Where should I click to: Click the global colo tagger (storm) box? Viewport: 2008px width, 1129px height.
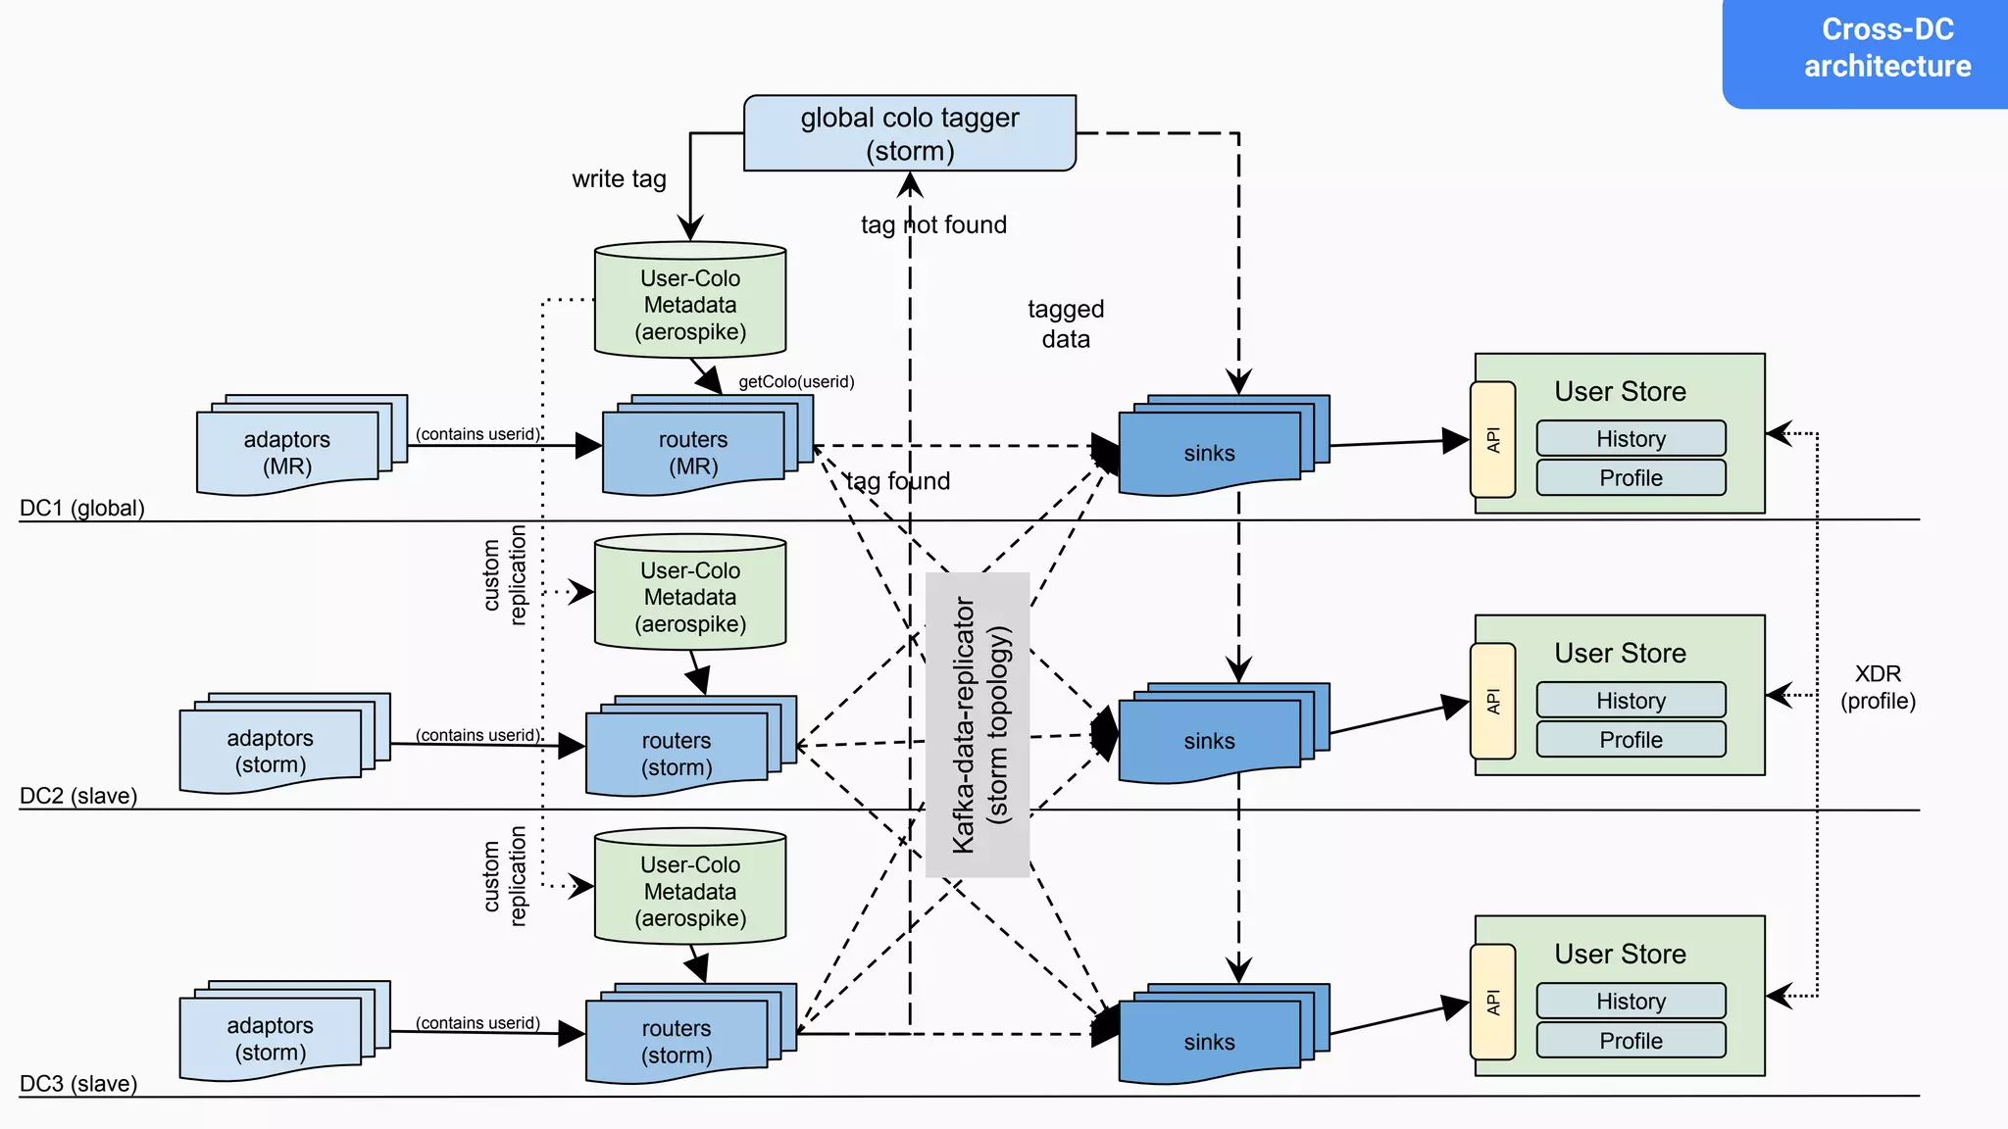(909, 133)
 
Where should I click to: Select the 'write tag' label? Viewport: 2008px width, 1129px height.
(619, 179)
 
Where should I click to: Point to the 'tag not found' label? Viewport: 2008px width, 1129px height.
(933, 224)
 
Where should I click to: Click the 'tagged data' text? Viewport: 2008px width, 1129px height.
(1066, 323)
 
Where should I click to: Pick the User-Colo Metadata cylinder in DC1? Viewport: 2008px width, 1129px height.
(689, 301)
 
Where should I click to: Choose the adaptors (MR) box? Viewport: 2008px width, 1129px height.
(287, 452)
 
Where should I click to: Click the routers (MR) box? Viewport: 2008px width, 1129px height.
(693, 452)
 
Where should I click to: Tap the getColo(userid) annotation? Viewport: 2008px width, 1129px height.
(796, 381)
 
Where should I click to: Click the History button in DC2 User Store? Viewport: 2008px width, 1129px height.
(1631, 700)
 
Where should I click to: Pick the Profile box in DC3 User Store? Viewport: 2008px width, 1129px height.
(1631, 1040)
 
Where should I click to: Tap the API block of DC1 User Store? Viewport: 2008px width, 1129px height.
(1492, 439)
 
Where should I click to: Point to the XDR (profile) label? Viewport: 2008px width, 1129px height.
(1878, 687)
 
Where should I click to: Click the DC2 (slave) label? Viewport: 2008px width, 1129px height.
(78, 796)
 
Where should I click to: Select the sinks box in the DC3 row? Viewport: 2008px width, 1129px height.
(1210, 1041)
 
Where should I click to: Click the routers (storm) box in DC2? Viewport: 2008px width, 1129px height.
(677, 753)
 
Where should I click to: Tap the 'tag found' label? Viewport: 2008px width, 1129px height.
(898, 481)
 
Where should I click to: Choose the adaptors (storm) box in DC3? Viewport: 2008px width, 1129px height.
(271, 1038)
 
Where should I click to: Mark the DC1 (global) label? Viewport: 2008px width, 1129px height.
(82, 508)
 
